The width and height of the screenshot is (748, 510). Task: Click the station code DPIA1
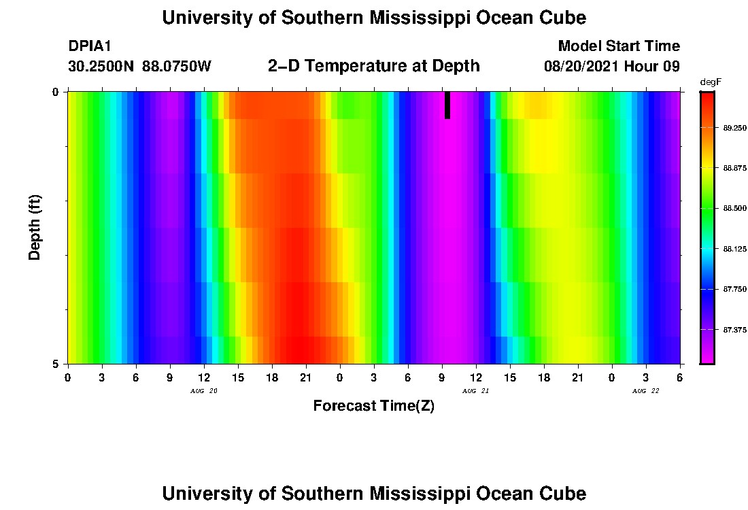(90, 46)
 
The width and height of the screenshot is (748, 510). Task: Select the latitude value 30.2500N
(101, 67)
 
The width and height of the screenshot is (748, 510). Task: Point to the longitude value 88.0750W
(177, 67)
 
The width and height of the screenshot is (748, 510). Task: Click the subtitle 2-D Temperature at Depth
(374, 66)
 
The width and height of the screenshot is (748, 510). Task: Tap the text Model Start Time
(619, 46)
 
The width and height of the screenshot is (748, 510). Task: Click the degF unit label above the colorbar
(709, 82)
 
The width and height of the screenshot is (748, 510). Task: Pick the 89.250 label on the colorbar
(734, 128)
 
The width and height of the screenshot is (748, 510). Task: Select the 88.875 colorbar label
(734, 168)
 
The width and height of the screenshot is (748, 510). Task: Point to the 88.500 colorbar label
(734, 209)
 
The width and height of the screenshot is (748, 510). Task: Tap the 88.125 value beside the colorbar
(734, 249)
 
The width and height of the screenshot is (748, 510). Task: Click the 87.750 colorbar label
(734, 290)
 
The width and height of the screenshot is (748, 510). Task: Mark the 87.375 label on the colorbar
(734, 330)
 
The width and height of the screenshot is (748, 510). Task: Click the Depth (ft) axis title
(35, 227)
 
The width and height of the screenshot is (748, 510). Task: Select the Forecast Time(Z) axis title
(373, 406)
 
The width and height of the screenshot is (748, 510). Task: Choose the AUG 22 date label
(646, 391)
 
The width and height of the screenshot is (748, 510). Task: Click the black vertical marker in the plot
(447, 105)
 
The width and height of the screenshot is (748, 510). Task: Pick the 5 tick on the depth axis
(55, 364)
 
